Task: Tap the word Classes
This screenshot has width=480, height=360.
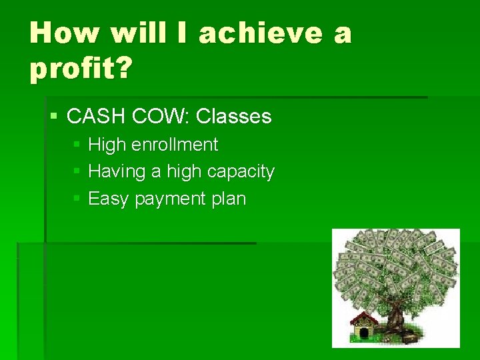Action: pos(234,117)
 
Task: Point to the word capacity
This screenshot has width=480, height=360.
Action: pos(241,171)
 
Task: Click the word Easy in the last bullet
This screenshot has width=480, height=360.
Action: pos(109,199)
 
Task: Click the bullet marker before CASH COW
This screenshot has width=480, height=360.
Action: pos(54,117)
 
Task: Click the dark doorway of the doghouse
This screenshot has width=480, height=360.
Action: pos(364,333)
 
